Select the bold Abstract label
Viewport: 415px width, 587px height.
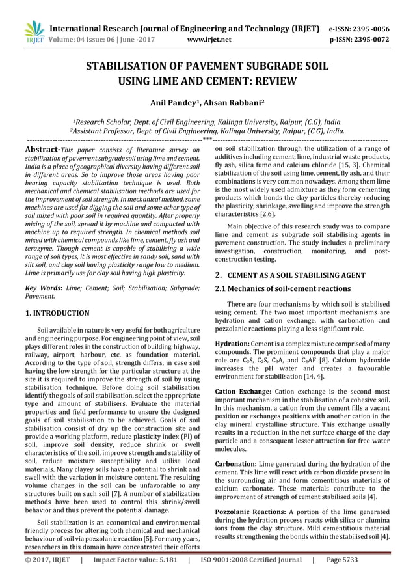(x=41, y=150)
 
